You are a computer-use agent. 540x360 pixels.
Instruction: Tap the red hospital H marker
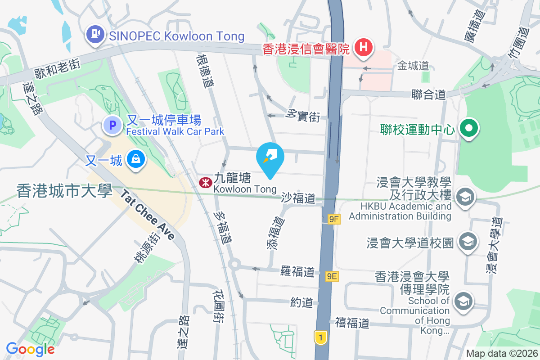(363, 46)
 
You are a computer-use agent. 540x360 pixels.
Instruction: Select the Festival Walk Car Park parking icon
(112, 125)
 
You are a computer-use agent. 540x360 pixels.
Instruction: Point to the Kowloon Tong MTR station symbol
(204, 182)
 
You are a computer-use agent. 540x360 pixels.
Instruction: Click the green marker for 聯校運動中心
(468, 129)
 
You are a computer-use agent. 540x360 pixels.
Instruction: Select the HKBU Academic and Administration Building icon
(465, 197)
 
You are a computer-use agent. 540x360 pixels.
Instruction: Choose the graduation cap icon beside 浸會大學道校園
(468, 242)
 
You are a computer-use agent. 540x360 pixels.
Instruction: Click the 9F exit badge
(334, 219)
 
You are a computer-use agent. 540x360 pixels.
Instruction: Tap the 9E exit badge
(332, 276)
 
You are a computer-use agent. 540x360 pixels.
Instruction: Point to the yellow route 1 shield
(320, 337)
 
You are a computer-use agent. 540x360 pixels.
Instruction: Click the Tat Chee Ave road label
(147, 215)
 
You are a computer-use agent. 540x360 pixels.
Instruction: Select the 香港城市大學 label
(64, 191)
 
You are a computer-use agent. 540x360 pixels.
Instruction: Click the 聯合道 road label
(428, 94)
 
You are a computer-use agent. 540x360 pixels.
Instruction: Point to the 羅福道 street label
(297, 271)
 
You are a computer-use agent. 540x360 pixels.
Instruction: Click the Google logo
(30, 349)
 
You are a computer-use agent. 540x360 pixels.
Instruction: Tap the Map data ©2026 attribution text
(501, 353)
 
